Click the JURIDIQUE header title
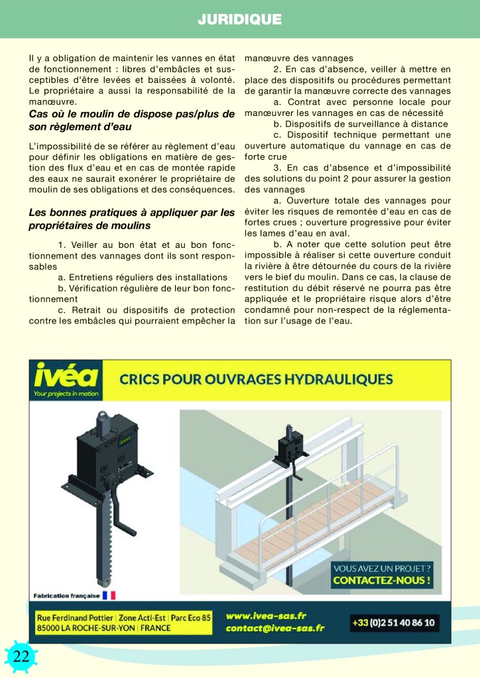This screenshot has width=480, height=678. tap(239, 19)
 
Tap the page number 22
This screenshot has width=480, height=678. tap(21, 656)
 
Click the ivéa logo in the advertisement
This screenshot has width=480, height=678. tap(66, 376)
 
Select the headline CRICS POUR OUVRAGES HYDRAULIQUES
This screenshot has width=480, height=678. tap(255, 379)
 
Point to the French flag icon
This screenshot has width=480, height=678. tap(109, 595)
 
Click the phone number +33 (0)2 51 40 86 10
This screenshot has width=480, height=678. tap(394, 622)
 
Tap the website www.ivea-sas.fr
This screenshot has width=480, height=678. tap(266, 616)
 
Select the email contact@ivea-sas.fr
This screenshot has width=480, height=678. tap(274, 628)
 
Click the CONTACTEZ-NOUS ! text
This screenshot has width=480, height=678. tap(383, 581)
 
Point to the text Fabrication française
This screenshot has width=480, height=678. tap(66, 595)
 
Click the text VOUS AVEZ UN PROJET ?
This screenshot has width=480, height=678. tap(383, 568)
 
